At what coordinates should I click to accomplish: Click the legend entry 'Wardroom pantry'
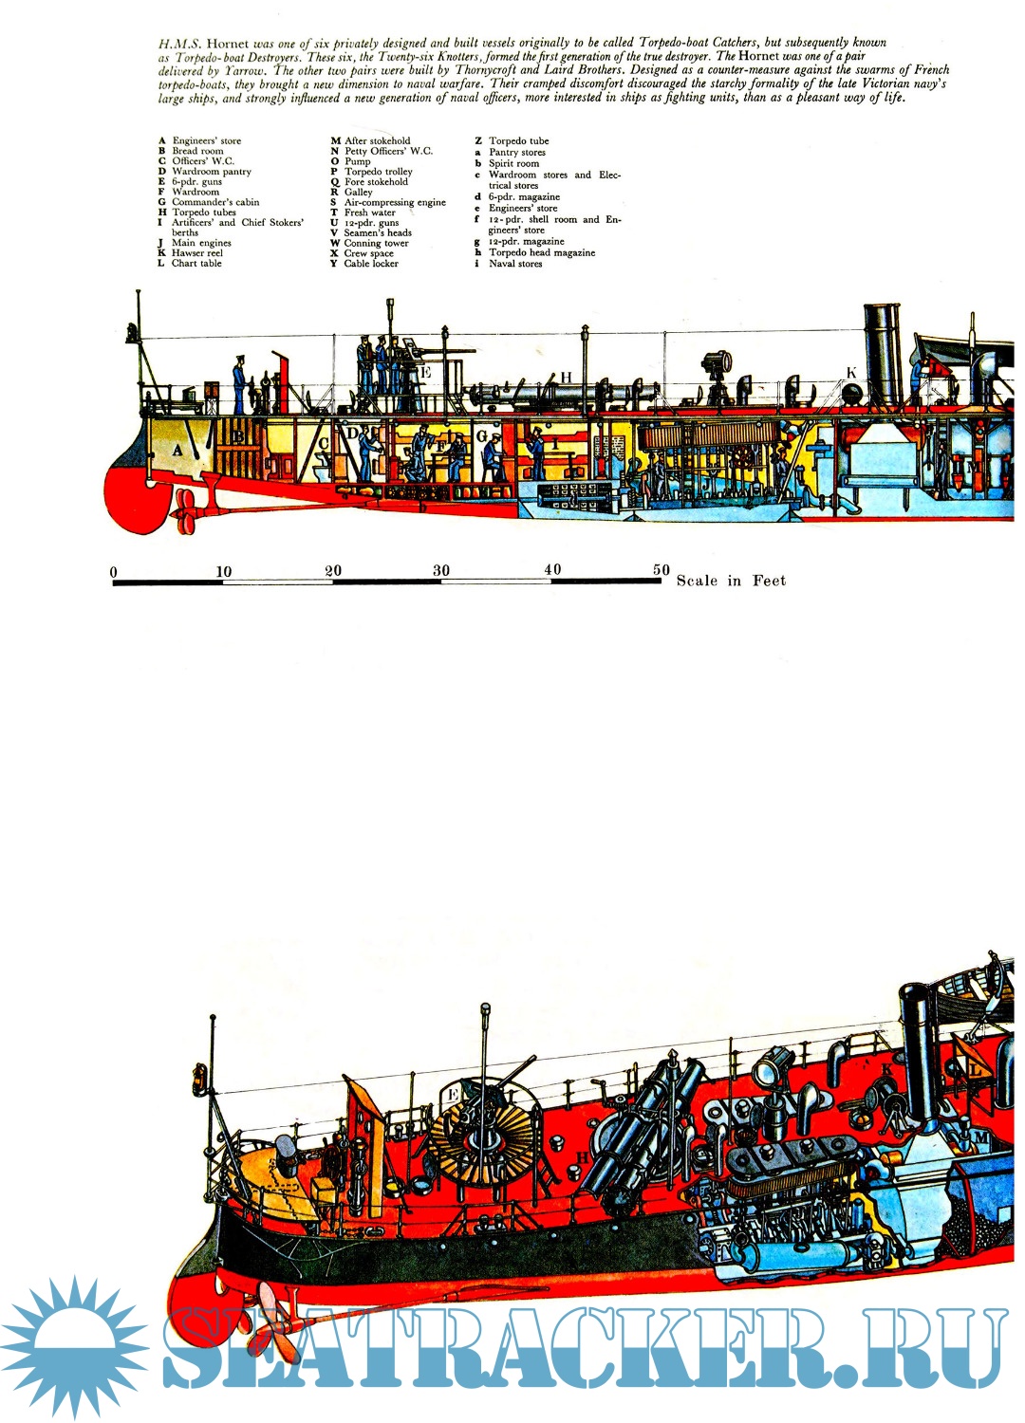coord(211,172)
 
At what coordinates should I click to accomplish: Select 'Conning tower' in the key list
coord(376,243)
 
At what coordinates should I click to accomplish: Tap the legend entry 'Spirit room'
coord(513,163)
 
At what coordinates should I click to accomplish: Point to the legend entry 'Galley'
coord(358,192)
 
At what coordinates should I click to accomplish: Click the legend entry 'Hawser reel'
coord(196,253)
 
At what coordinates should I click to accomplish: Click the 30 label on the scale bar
coord(441,570)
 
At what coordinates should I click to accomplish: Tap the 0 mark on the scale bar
coord(114,572)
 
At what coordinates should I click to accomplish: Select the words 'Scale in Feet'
coord(731,581)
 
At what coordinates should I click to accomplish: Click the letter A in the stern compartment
coord(177,450)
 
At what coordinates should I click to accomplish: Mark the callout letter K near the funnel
coord(851,373)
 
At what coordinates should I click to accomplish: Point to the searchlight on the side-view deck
coord(715,364)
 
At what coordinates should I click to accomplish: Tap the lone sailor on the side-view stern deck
coord(240,384)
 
